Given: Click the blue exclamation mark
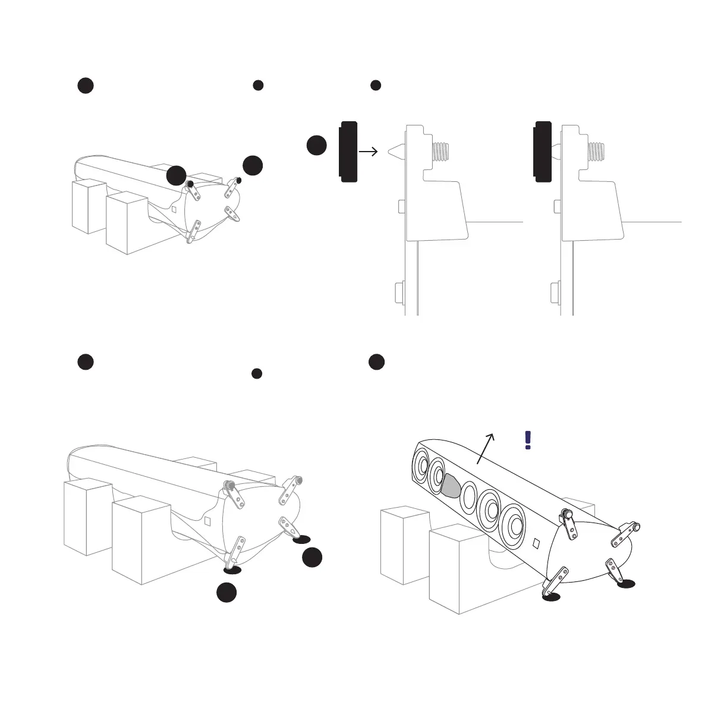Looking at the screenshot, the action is (527, 440).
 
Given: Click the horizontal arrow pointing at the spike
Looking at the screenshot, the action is (369, 152).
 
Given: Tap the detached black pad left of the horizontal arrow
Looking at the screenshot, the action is (348, 152).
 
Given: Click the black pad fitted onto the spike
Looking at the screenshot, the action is (544, 152).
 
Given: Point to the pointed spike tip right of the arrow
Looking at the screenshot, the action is (395, 152).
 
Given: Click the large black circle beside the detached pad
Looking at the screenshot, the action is (317, 146).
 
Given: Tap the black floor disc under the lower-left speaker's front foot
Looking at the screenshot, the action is (232, 569).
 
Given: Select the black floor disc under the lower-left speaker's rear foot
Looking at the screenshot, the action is (301, 539).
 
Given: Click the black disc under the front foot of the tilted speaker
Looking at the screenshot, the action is (552, 596).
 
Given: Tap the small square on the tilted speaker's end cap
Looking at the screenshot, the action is (536, 543).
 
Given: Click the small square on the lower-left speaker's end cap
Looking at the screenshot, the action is (207, 521).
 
